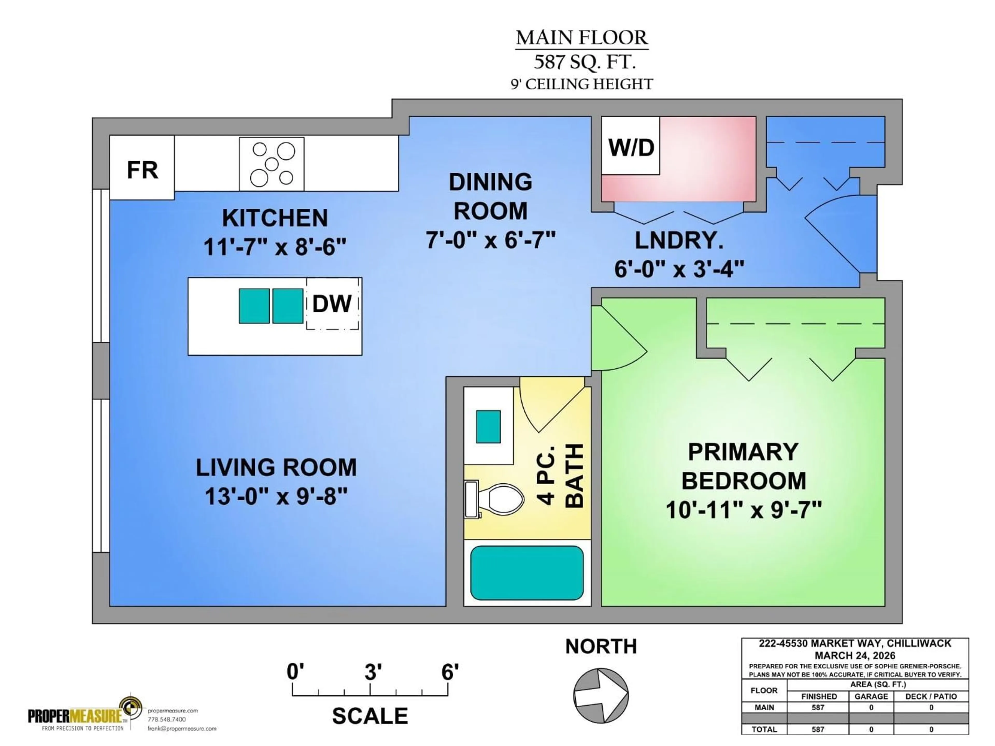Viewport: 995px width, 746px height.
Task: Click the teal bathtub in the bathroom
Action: tap(527, 573)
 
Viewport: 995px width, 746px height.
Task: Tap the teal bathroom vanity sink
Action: tap(488, 426)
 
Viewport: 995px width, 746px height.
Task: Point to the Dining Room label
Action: tap(490, 197)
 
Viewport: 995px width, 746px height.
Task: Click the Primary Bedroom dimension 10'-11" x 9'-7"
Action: tap(743, 510)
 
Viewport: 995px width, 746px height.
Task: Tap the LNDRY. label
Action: tap(679, 241)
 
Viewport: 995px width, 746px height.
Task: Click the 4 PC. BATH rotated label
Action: tap(560, 476)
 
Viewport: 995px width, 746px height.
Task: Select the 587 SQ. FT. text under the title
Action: tap(584, 62)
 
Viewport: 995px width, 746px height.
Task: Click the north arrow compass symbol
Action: tap(601, 695)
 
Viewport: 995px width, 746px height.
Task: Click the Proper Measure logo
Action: tap(86, 715)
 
